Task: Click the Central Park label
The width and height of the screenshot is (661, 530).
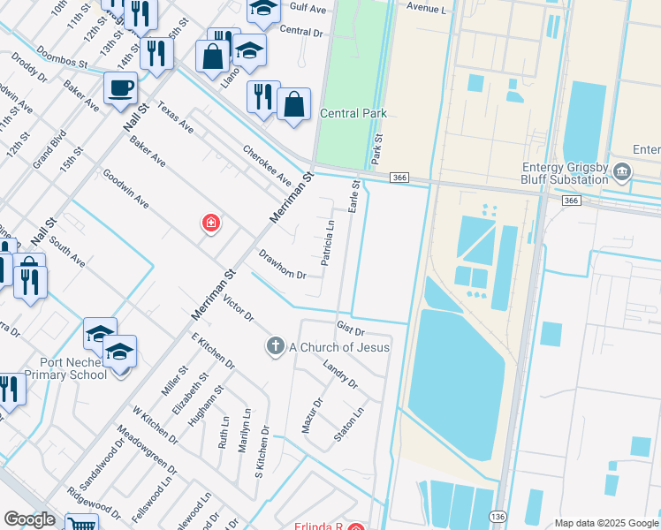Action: (x=353, y=113)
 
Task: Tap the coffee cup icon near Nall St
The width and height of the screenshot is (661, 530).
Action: (x=120, y=88)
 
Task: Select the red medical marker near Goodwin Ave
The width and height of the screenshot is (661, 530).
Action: (x=211, y=223)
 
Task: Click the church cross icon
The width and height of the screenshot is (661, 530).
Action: (x=276, y=346)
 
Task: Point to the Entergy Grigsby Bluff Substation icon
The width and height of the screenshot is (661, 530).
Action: (x=622, y=170)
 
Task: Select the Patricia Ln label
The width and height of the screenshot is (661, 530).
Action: (x=328, y=243)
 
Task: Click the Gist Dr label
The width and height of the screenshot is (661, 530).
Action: (x=351, y=329)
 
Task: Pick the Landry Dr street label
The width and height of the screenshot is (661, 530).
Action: (x=340, y=375)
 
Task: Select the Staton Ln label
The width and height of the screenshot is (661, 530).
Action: (x=349, y=424)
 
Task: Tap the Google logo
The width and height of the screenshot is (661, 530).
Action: (x=29, y=519)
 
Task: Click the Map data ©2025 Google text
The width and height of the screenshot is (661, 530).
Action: (x=605, y=523)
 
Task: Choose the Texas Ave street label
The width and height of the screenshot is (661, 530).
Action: (x=175, y=117)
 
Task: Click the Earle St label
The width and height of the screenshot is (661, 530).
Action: (x=355, y=198)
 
